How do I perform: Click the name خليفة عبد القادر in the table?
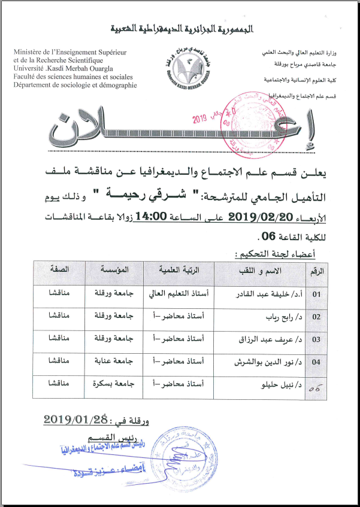click(267, 295)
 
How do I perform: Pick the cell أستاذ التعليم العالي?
click(178, 295)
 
